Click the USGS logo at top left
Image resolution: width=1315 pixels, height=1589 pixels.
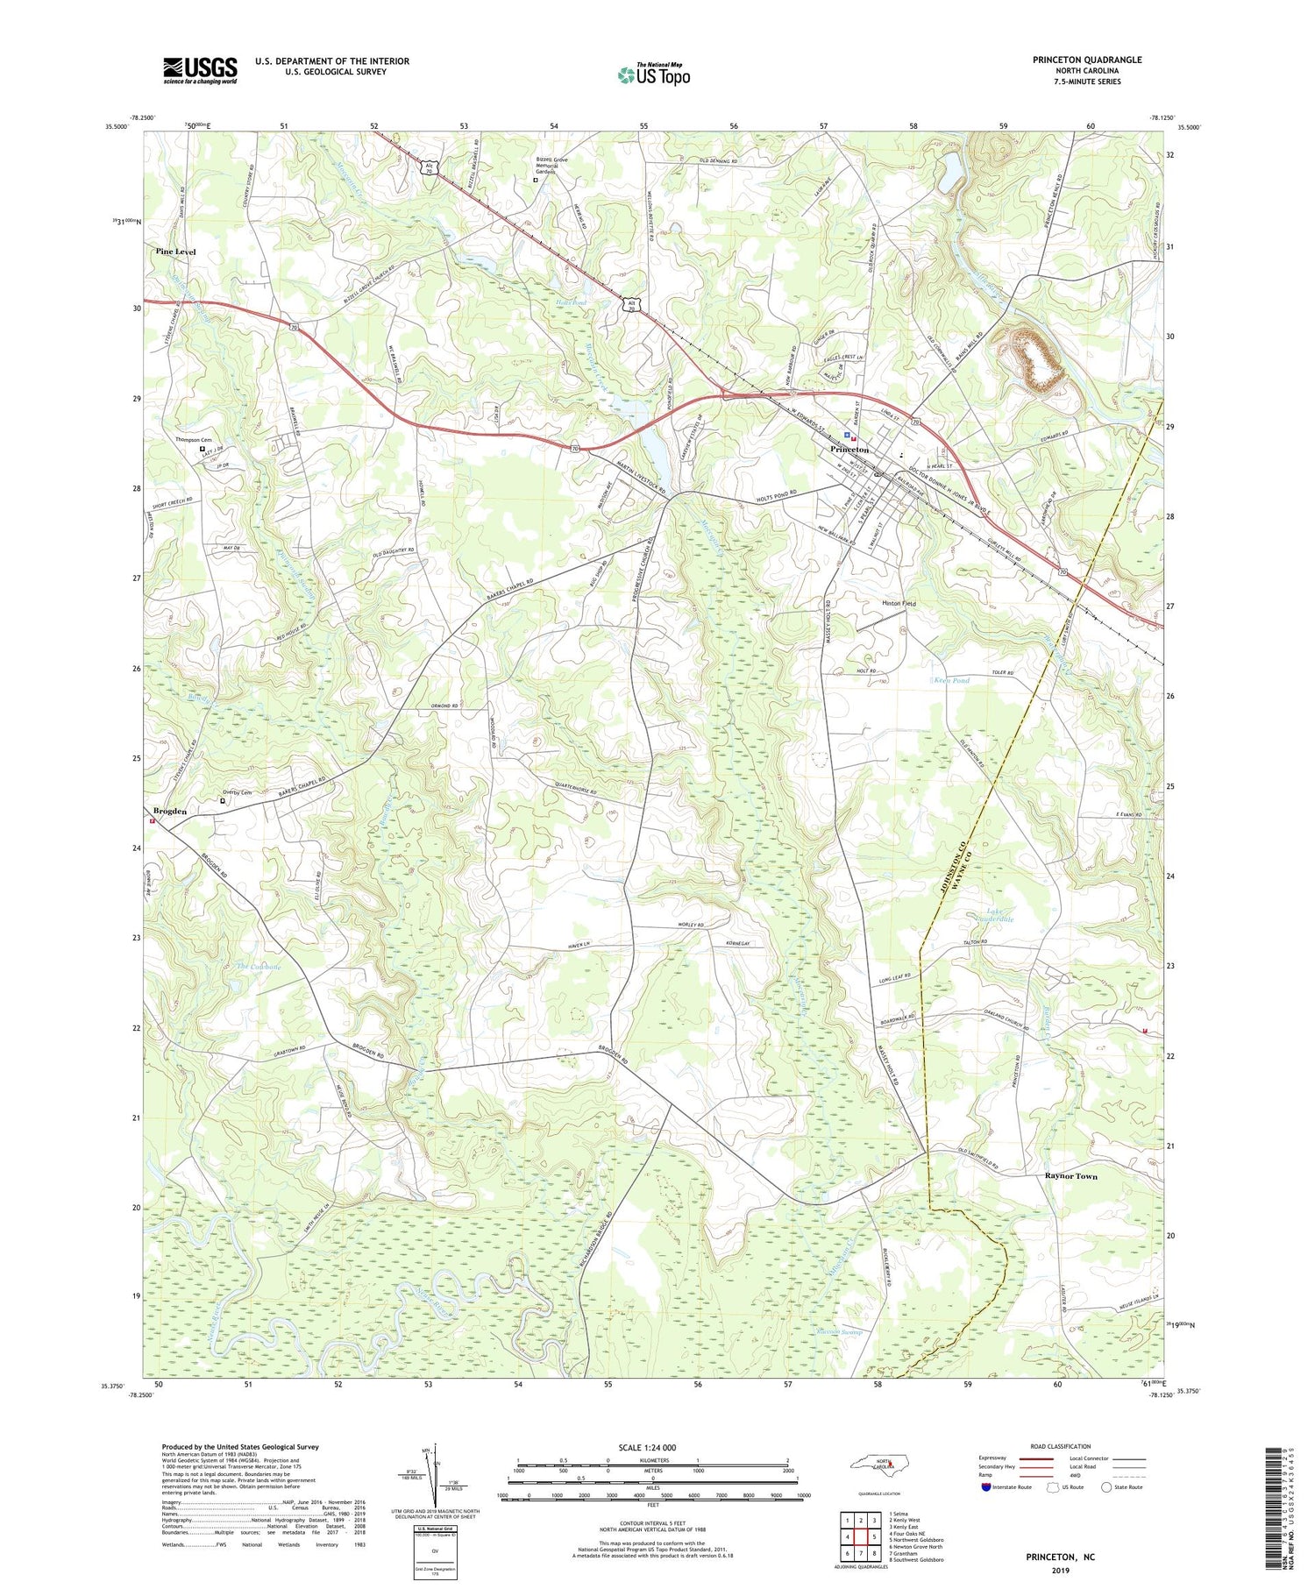pos(200,70)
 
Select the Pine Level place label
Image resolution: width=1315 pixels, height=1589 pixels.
pos(176,252)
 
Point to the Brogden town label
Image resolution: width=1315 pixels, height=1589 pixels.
pos(170,812)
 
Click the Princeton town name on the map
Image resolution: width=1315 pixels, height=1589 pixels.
pos(849,450)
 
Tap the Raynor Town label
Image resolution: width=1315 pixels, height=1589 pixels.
pos(1070,1176)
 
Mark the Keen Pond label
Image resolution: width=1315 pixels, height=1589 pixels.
pos(952,680)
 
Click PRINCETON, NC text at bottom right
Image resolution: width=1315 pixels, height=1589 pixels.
pos(1060,1557)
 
